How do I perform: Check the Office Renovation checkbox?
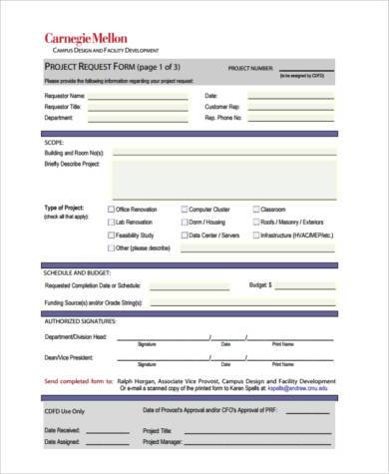[111, 210]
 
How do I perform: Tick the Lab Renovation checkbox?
[111, 222]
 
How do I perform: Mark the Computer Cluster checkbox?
[184, 210]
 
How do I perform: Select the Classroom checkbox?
[255, 210]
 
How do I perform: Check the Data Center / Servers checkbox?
[184, 235]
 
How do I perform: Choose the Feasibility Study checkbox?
[111, 235]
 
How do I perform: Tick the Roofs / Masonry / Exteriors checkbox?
[255, 222]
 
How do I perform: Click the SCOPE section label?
[54, 142]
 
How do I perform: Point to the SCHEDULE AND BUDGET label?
[77, 271]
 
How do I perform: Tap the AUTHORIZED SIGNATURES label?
[80, 321]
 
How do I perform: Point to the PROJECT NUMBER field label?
[251, 68]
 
